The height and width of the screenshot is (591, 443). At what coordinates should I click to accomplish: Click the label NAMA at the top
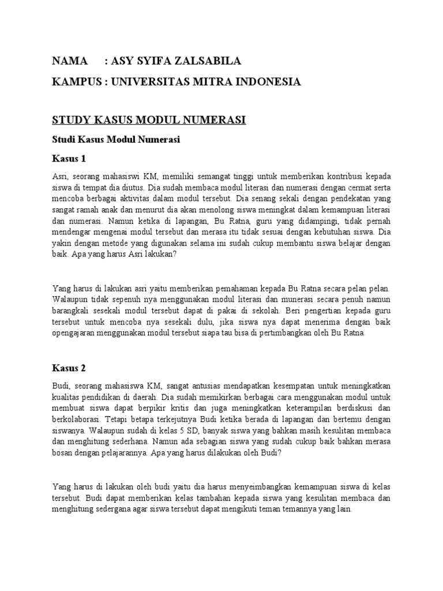[71, 61]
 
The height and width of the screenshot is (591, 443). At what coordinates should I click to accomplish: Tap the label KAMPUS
[76, 82]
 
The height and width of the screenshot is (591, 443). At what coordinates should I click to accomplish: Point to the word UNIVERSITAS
[150, 82]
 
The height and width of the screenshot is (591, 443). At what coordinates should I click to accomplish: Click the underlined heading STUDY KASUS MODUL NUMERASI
[149, 119]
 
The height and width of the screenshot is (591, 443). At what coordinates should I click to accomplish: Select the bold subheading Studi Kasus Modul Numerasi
[116, 139]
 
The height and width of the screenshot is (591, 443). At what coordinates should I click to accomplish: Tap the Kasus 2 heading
[69, 368]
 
